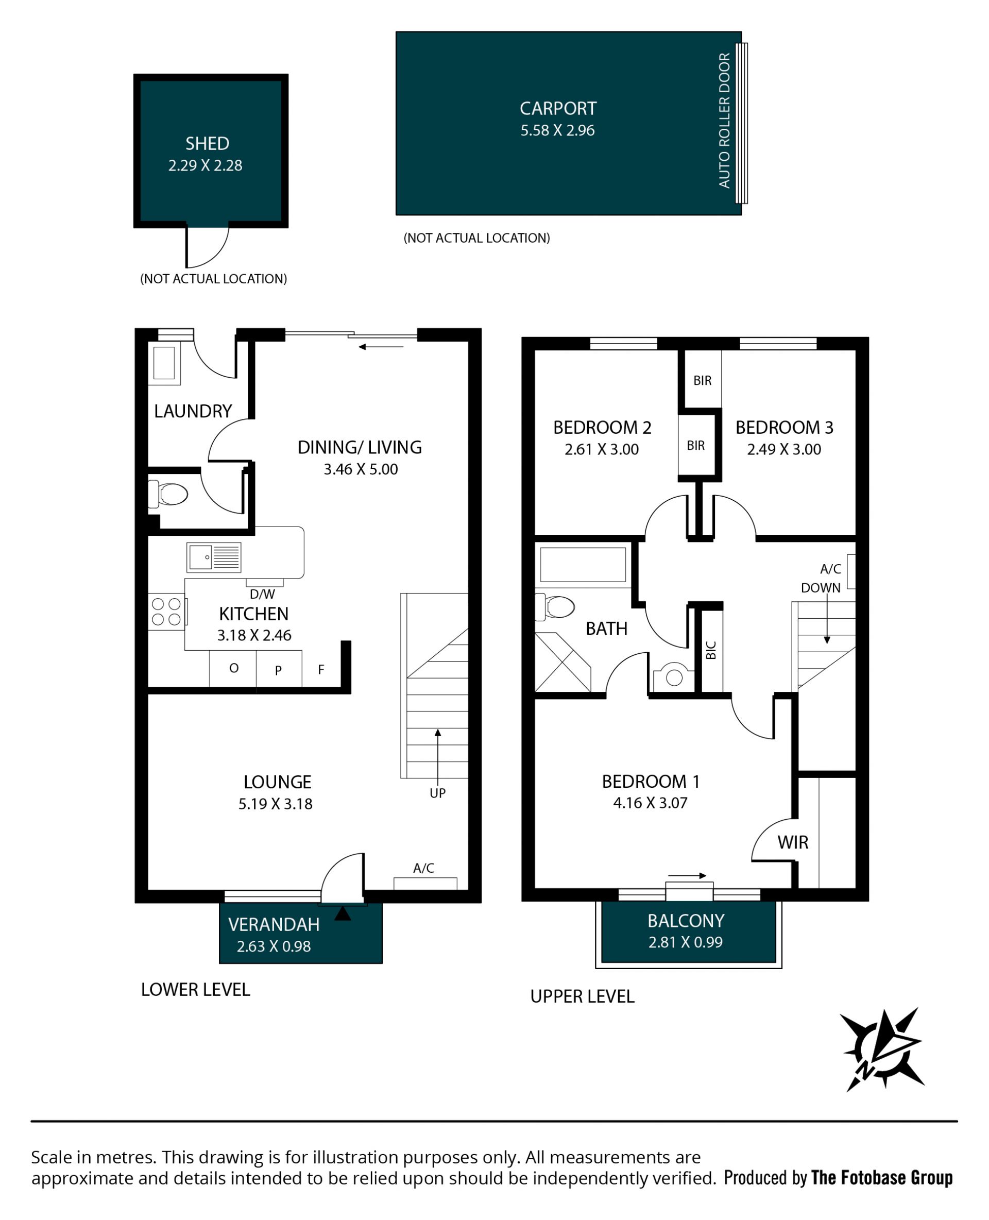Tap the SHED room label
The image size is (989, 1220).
point(208,143)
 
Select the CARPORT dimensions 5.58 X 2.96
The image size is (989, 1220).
point(557,130)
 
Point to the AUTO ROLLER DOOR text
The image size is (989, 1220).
point(724,120)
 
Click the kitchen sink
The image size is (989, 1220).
point(214,557)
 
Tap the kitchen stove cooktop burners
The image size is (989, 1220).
point(166,612)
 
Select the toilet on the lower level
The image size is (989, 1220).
point(168,494)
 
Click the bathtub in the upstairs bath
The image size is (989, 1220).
point(583,564)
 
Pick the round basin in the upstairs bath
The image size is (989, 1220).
point(674,677)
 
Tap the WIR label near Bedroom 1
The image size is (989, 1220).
point(793,842)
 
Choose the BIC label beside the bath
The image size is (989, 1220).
point(710,650)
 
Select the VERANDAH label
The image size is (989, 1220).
point(274,924)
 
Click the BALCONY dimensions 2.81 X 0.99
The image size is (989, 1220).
point(686,942)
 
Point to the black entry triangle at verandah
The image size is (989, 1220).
point(343,913)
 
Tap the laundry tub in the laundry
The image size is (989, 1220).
point(164,363)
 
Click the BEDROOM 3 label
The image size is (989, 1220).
point(785,428)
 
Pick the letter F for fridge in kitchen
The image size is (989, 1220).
point(321,670)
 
